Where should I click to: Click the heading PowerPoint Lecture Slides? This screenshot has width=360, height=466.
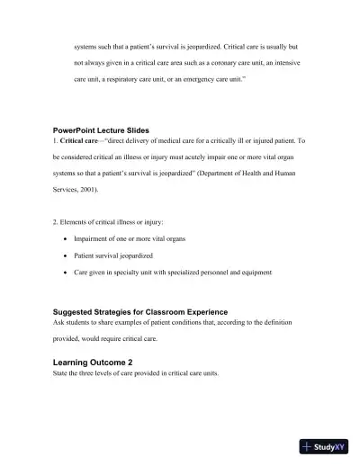[x=101, y=131]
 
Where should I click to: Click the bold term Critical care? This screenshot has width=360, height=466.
[x=80, y=141]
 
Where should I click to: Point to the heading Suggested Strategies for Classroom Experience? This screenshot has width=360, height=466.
[x=140, y=311]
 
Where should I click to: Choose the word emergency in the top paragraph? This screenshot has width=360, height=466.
[x=197, y=79]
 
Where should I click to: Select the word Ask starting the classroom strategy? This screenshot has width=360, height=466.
[x=59, y=322]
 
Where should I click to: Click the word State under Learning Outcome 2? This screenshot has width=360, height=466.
[x=61, y=372]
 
